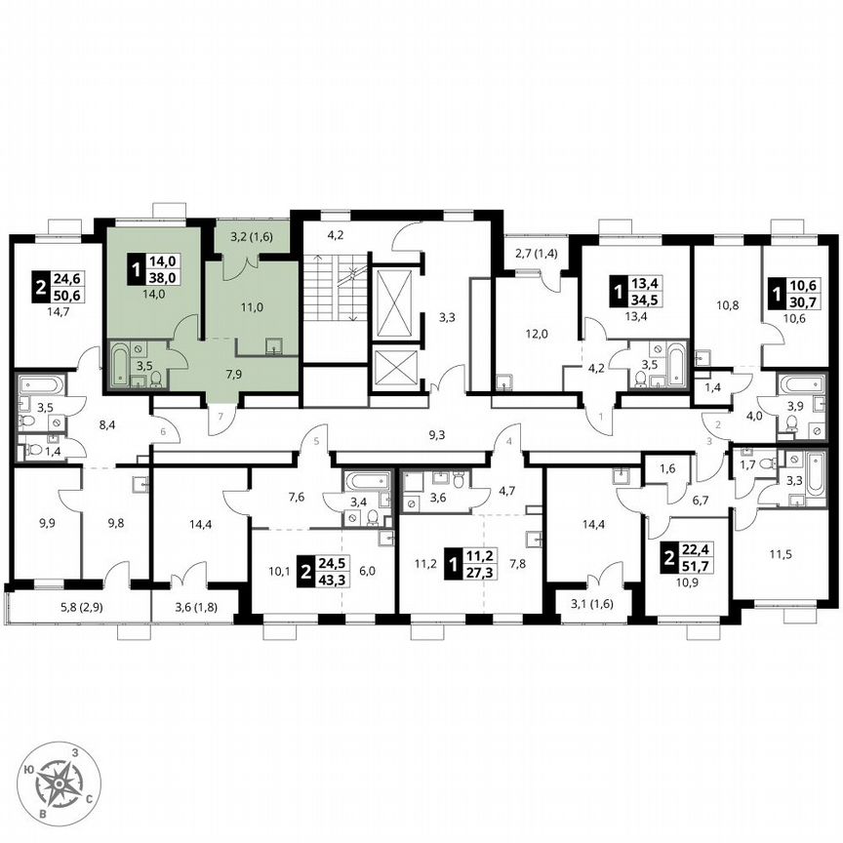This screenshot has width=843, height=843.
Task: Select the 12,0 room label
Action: [x=536, y=333]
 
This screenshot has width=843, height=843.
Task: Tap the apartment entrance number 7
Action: [x=221, y=417]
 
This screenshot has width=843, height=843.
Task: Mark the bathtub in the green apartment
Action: [x=120, y=364]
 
